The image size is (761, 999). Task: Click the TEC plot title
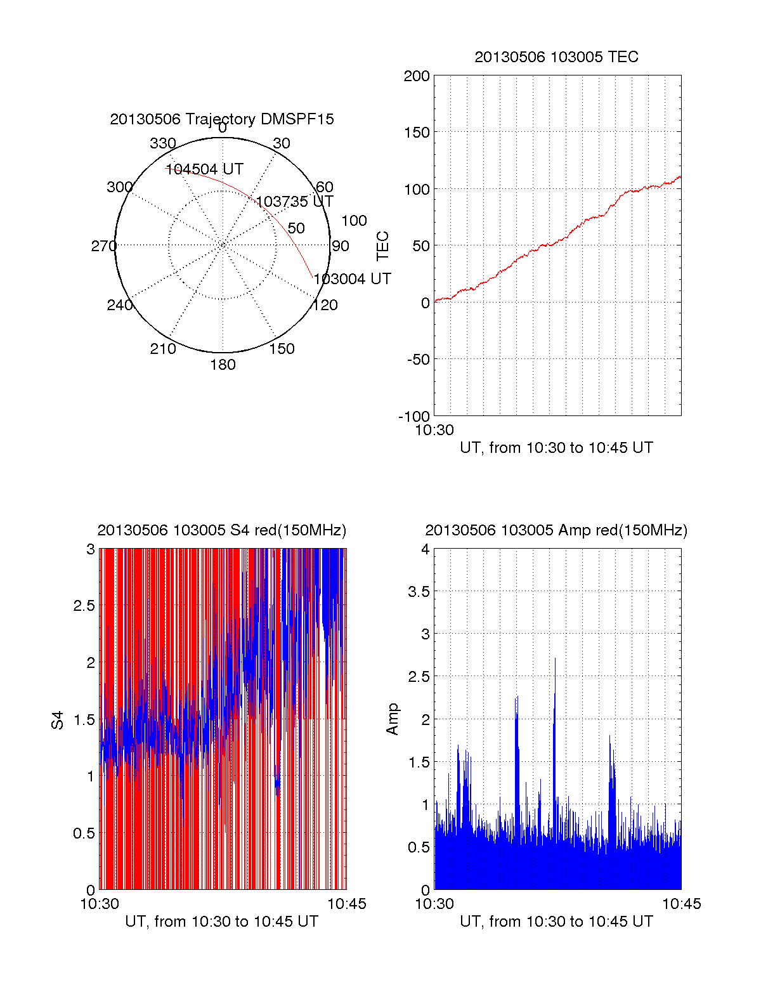tap(556, 57)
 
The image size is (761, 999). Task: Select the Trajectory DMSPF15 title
tap(222, 119)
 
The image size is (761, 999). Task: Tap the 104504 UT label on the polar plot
tap(205, 169)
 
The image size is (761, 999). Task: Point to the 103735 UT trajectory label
tap(294, 202)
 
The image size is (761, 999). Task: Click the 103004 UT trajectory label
tap(352, 279)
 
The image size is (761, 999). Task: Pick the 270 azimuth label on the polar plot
tap(103, 246)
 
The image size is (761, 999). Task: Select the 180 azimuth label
tap(223, 365)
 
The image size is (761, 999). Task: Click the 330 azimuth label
tap(162, 143)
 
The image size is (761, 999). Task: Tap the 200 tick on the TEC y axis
tap(417, 76)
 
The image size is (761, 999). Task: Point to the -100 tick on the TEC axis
tap(414, 417)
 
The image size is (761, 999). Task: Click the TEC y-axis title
tap(383, 246)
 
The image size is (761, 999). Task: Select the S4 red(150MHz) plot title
tap(222, 530)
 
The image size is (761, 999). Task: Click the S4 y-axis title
tap(58, 720)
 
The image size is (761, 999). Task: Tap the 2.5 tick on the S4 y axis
tap(84, 606)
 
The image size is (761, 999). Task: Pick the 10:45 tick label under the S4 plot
tap(346, 904)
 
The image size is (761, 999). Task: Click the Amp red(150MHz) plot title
tap(556, 530)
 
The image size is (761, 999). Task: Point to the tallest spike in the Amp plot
tap(555, 660)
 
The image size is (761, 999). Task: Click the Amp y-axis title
tap(393, 719)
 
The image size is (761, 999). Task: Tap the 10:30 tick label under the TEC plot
tap(434, 430)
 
